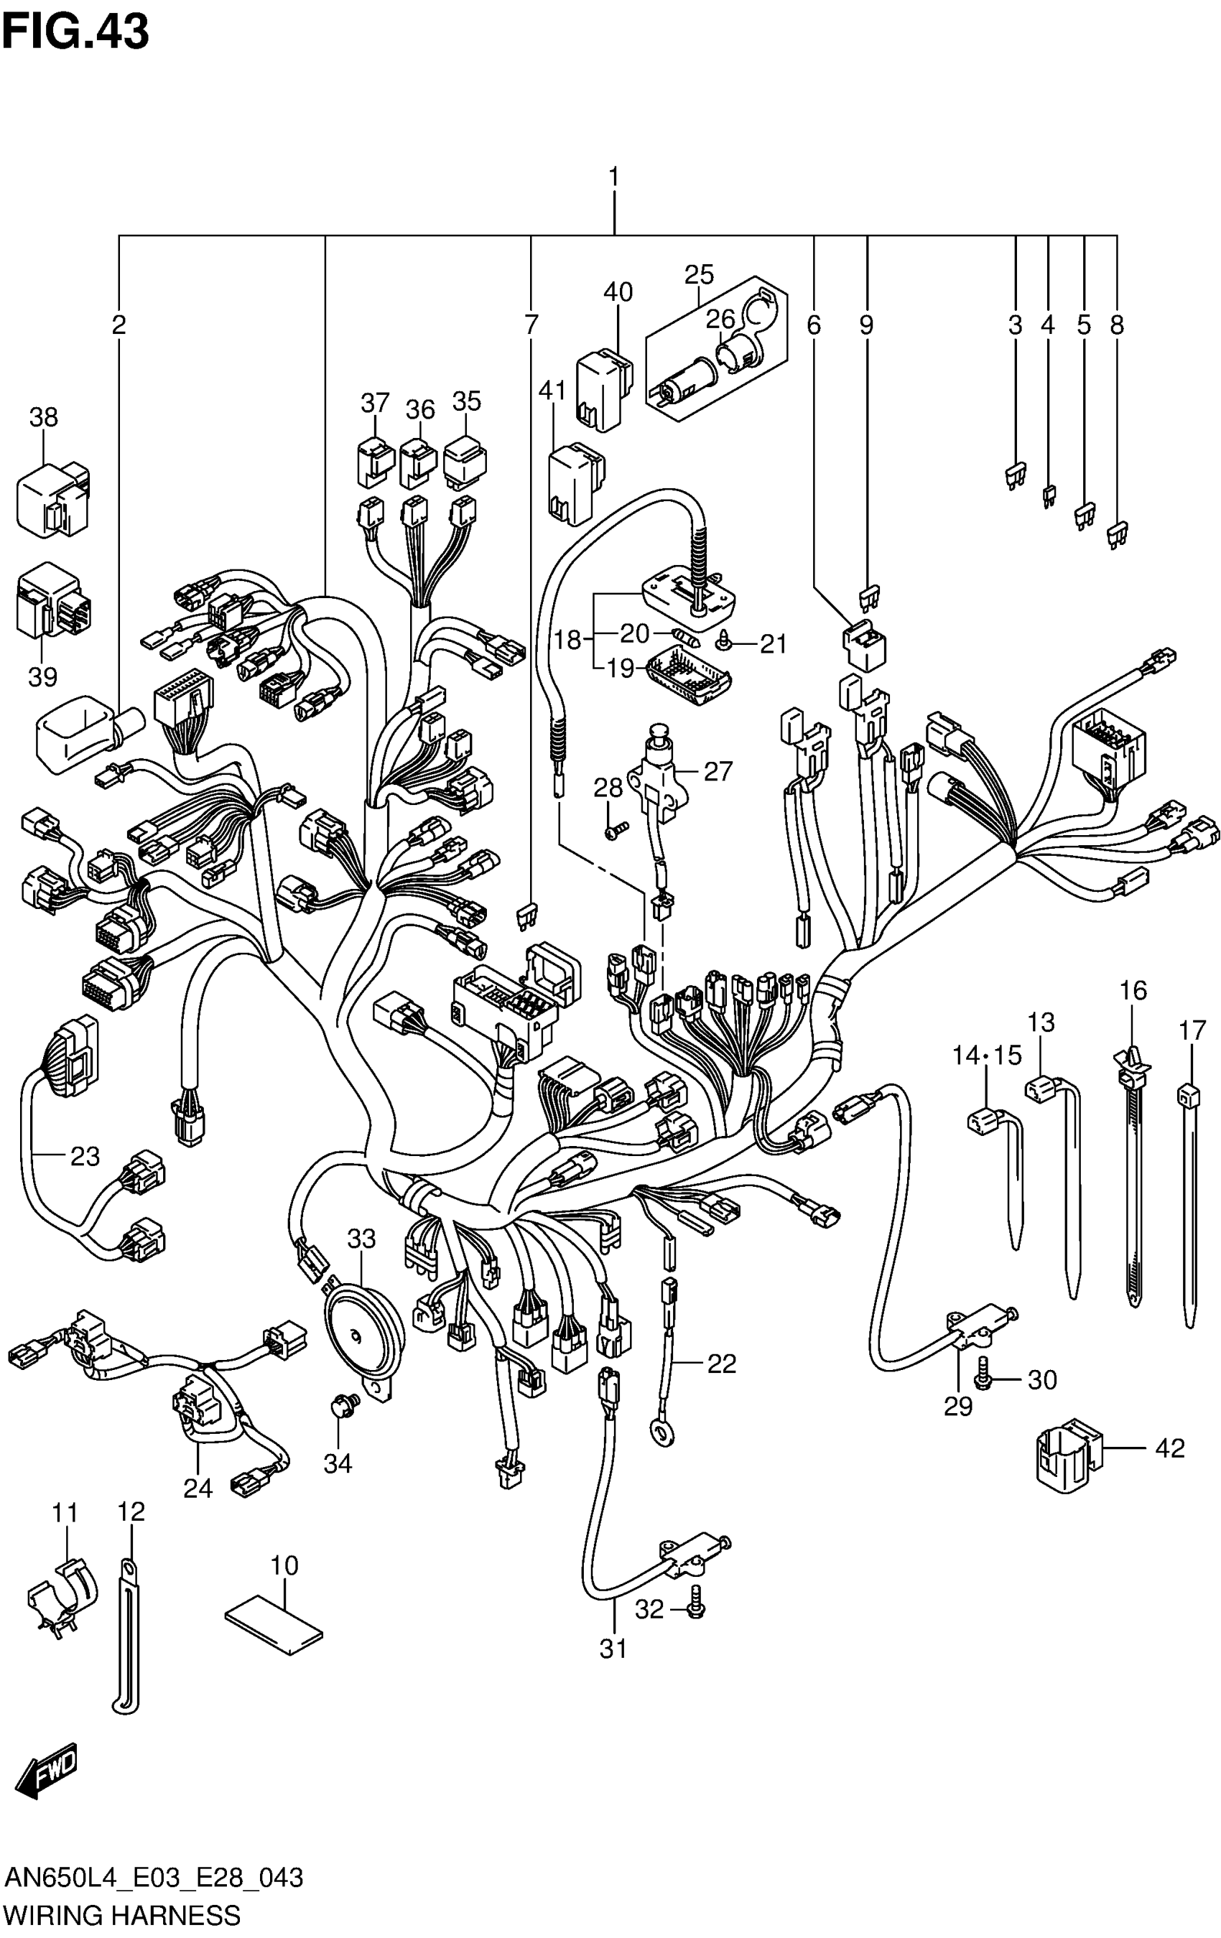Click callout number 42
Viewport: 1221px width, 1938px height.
[1169, 1449]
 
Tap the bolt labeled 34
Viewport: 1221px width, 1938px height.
[338, 1407]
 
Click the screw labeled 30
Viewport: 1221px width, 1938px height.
[982, 1380]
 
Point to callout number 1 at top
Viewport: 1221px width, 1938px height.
[613, 175]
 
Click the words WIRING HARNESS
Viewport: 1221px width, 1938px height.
[122, 1916]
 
